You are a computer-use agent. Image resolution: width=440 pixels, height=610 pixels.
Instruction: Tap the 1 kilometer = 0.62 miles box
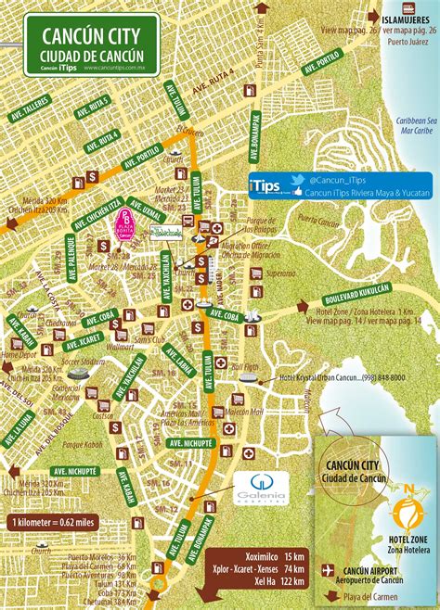[x=58, y=523]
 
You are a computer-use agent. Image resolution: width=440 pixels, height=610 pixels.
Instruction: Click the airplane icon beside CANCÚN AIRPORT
[x=327, y=570]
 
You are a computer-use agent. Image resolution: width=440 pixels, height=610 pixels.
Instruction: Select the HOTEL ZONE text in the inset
[x=405, y=540]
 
